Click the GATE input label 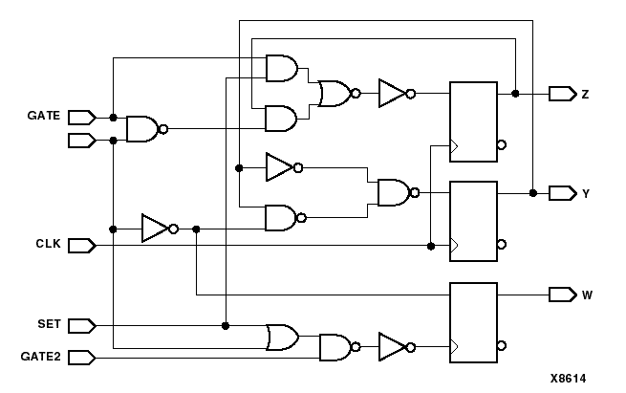43,117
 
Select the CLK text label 48,245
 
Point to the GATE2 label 41,357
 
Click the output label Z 585,94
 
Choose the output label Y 585,193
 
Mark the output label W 586,295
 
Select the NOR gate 335,93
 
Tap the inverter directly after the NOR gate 392,93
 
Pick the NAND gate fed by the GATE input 142,128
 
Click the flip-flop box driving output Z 474,121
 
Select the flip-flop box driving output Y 474,221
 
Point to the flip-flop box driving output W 474,322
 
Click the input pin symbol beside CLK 81,245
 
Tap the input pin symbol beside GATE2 81,357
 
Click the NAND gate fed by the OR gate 335,346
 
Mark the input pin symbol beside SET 81,325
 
